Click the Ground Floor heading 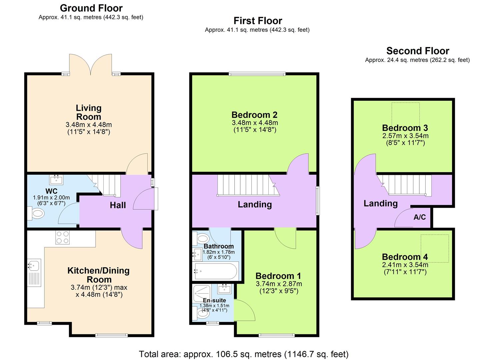pos(91,8)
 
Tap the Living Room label pos(88,112)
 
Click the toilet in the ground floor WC pos(36,213)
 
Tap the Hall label pos(118,205)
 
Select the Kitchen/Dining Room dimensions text pos(99,291)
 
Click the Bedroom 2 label pos(254,115)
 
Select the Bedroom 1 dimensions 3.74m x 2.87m pos(279,284)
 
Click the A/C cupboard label pos(419,217)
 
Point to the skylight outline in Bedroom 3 pos(405,114)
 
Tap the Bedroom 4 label pos(405,257)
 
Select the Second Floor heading pos(417,51)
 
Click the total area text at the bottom pos(243,354)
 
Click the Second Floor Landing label pos(380,203)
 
